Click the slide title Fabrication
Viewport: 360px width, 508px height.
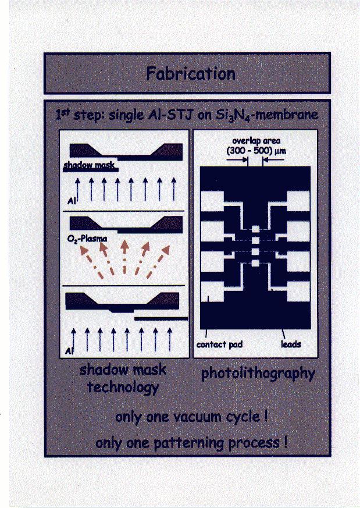(x=191, y=74)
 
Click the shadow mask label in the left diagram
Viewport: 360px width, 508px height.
(x=89, y=165)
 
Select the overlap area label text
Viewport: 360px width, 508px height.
(x=256, y=141)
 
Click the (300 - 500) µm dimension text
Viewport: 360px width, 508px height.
(x=256, y=151)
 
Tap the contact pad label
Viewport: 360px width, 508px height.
(x=219, y=344)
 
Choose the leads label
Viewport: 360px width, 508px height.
(x=291, y=344)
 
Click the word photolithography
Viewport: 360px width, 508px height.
(x=258, y=374)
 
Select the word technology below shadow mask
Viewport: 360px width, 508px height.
(x=123, y=387)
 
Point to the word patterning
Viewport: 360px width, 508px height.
(x=188, y=443)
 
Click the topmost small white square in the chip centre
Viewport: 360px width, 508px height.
(x=255, y=229)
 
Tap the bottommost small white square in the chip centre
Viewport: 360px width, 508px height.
(x=255, y=263)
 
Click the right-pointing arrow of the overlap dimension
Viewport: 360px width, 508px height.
(x=237, y=159)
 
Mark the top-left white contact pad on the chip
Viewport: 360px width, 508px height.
(x=212, y=201)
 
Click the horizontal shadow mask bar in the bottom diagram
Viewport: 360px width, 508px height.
(x=161, y=319)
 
